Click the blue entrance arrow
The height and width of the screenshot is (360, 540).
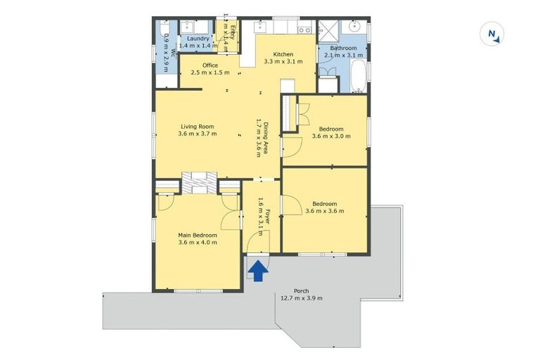click(x=259, y=271)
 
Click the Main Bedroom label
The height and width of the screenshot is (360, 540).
click(x=197, y=235)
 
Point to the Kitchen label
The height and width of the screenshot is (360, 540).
click(x=283, y=54)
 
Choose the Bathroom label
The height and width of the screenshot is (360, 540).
click(x=344, y=48)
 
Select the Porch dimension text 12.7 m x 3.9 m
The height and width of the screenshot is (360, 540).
click(x=301, y=298)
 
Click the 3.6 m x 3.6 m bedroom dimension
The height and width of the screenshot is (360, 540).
click(x=324, y=210)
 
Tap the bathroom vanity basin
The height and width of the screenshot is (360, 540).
click(x=354, y=27)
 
